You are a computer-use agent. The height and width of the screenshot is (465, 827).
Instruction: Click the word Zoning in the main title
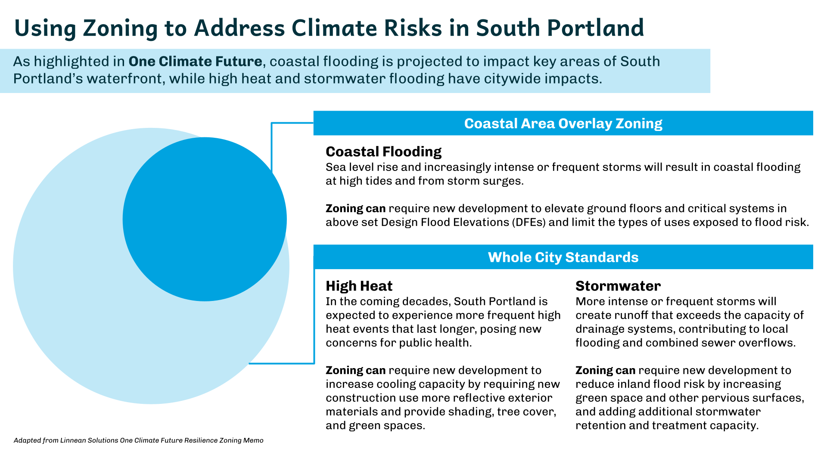pyautogui.click(x=120, y=28)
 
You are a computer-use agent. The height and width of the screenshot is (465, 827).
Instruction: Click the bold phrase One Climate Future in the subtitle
pyautogui.click(x=195, y=62)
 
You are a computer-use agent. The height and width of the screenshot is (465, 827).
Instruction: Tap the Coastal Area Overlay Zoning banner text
pyautogui.click(x=563, y=124)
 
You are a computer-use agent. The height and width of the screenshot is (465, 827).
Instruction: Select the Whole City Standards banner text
pyautogui.click(x=563, y=257)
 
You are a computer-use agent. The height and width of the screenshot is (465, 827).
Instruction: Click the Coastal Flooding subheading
pyautogui.click(x=383, y=152)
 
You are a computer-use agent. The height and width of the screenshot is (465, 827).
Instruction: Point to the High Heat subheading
pyautogui.click(x=359, y=286)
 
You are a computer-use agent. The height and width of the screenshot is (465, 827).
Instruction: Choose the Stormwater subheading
pyautogui.click(x=618, y=286)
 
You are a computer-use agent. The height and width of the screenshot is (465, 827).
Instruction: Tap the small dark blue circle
pyautogui.click(x=205, y=219)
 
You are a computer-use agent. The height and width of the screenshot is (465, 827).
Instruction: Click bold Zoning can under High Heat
pyautogui.click(x=355, y=370)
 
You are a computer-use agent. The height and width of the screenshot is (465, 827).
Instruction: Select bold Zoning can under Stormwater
pyautogui.click(x=605, y=370)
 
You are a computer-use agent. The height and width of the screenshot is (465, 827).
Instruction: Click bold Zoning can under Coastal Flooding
pyautogui.click(x=355, y=208)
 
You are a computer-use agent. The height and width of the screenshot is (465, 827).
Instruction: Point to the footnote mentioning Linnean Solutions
pyautogui.click(x=138, y=440)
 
